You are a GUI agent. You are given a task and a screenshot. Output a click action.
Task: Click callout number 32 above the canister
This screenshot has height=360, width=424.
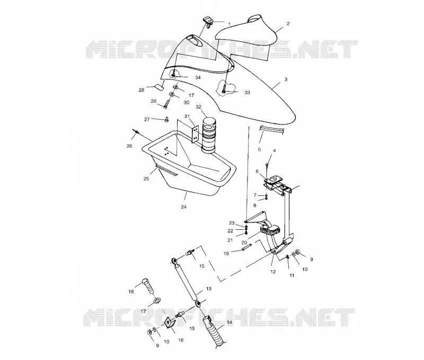click(198, 107)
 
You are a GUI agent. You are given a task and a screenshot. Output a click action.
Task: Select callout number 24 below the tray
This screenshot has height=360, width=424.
click(184, 207)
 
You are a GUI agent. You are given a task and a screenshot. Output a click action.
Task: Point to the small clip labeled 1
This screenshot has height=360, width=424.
click(208, 21)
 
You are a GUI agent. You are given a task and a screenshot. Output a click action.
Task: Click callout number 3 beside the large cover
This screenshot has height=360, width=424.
click(286, 79)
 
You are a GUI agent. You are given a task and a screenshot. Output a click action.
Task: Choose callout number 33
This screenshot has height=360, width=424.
click(247, 92)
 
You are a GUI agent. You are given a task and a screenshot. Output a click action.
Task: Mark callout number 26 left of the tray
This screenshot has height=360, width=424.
click(129, 146)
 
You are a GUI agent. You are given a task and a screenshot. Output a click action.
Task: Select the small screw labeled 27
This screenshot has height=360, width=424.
click(166, 119)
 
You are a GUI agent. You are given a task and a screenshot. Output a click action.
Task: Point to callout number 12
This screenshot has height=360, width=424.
click(273, 272)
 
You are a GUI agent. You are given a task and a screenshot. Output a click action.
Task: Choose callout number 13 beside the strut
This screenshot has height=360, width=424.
click(208, 289)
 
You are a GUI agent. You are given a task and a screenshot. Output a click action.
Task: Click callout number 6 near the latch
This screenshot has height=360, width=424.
click(257, 171)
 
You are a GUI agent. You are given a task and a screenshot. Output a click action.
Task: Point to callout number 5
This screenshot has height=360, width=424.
click(259, 149)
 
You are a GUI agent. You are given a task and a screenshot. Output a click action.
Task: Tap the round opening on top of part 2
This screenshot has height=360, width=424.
click(255, 19)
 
